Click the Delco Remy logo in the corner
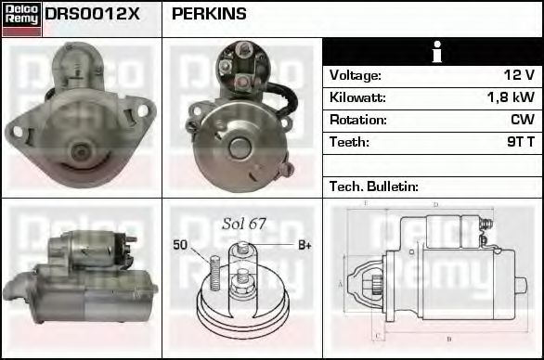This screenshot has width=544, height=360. click(x=21, y=19)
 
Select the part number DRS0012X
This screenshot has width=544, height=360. click(x=92, y=14)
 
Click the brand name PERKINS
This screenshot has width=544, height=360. click(x=209, y=14)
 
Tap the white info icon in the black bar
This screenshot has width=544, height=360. click(x=433, y=52)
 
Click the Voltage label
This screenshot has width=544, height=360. click(x=356, y=75)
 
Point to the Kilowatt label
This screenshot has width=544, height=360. click(x=357, y=97)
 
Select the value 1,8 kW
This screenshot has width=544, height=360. click(x=511, y=97)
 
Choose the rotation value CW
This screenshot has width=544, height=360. click(x=522, y=120)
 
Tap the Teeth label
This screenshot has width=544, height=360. click(x=349, y=142)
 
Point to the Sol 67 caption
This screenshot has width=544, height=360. click(x=244, y=224)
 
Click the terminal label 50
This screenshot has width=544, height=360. click(x=181, y=245)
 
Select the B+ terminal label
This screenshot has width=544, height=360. click(x=304, y=245)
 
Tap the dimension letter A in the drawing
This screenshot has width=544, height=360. click(x=342, y=283)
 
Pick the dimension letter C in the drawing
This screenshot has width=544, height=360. click(x=375, y=337)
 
